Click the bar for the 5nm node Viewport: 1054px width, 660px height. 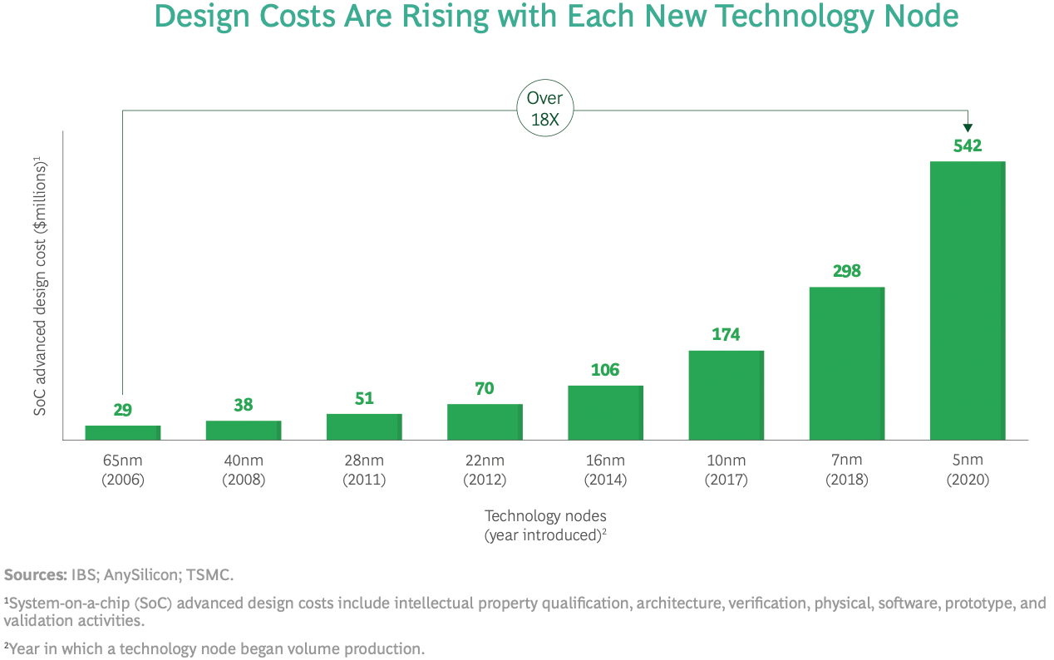pyautogui.click(x=967, y=300)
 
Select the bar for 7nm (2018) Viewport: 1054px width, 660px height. pyautogui.click(x=846, y=363)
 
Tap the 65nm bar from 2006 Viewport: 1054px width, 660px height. pyautogui.click(x=122, y=432)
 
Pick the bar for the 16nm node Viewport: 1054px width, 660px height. pyautogui.click(x=605, y=412)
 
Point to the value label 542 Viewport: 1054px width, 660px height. pyautogui.click(x=968, y=146)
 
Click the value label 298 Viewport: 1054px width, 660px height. pyautogui.click(x=846, y=271)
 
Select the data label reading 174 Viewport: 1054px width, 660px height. pyautogui.click(x=726, y=334)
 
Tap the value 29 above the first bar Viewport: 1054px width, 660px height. pyautogui.click(x=122, y=410)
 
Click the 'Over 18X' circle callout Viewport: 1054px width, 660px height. pyautogui.click(x=545, y=109)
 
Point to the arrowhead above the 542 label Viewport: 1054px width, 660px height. pyautogui.click(x=968, y=127)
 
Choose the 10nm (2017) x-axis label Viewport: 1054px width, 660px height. pyautogui.click(x=726, y=470)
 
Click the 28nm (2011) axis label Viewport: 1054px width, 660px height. pyautogui.click(x=364, y=470)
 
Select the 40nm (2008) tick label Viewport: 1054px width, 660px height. pyautogui.click(x=244, y=470)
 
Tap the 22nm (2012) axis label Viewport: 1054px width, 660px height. pyautogui.click(x=485, y=470)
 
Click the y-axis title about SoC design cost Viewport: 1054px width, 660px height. pyautogui.click(x=40, y=286)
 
